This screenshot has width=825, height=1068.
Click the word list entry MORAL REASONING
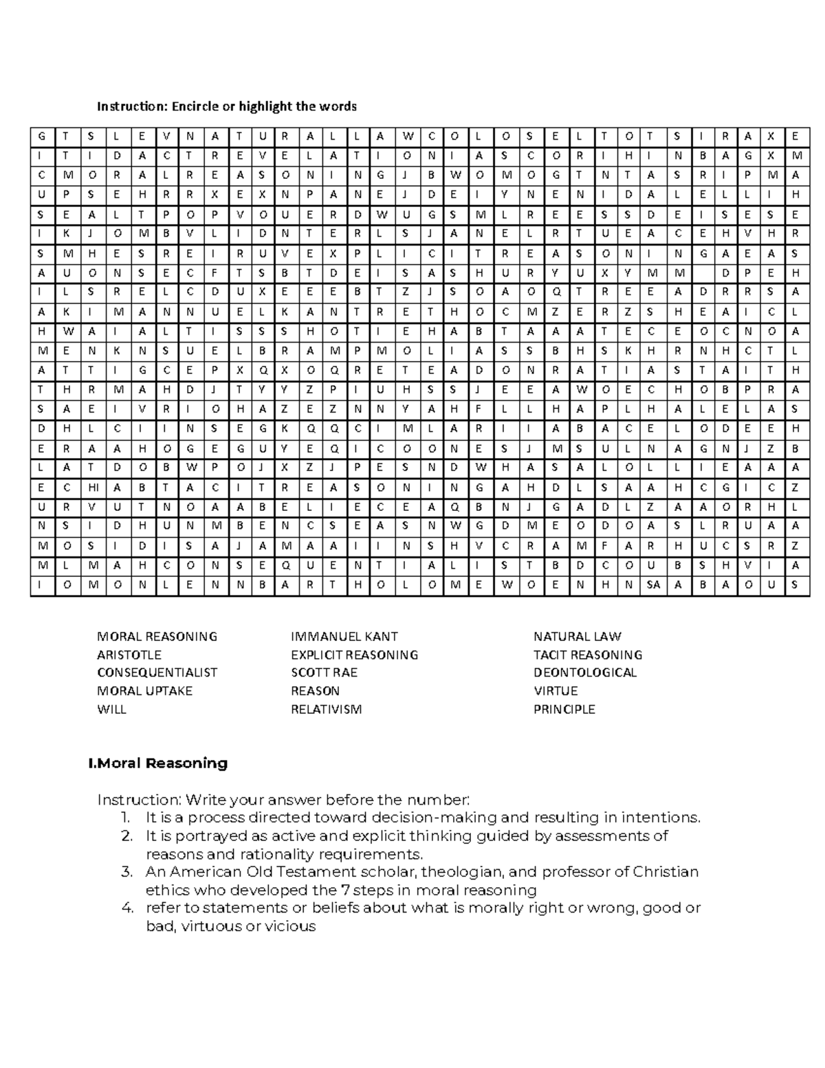(157, 636)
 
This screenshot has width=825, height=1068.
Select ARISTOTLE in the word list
(129, 655)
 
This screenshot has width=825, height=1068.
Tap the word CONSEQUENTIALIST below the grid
(157, 673)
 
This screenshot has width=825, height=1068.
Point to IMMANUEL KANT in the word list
(344, 636)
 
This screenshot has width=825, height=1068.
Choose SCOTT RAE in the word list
(324, 673)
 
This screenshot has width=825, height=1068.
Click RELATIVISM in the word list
(326, 709)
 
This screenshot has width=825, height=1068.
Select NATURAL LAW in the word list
(577, 636)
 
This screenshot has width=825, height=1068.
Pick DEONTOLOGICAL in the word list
(585, 673)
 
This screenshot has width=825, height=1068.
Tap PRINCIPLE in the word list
(564, 709)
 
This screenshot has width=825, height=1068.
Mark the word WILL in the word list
(111, 709)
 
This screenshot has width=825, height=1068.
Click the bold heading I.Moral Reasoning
(158, 763)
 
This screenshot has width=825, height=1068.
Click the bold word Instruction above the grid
(131, 106)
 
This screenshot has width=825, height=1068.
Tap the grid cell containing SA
(652, 585)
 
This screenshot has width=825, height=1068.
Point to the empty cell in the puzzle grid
(701, 272)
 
